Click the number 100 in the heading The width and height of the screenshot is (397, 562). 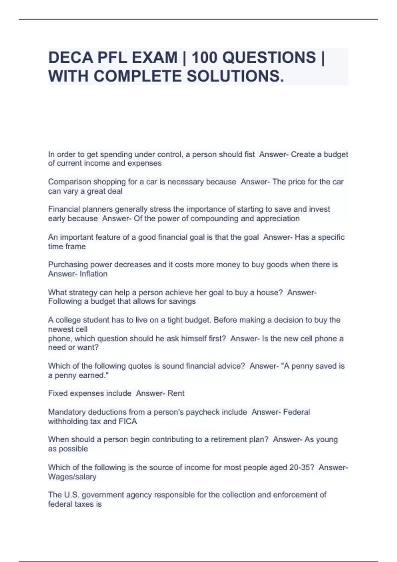[x=204, y=58]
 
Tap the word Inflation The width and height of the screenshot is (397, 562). [x=94, y=274]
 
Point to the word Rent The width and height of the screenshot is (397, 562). [x=176, y=393]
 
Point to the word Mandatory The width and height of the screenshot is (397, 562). [x=68, y=412]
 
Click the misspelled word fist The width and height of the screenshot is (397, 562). [x=250, y=154]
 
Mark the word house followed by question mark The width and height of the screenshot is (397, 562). [x=272, y=293]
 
